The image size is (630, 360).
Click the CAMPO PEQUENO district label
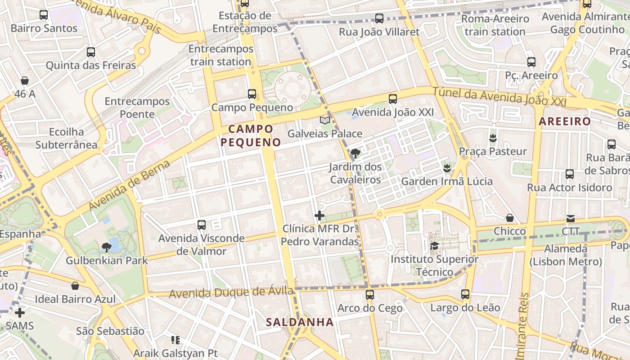click(251, 135)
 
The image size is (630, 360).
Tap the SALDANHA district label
click(300, 322)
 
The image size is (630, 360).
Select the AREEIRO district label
click(564, 121)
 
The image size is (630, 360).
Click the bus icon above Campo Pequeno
click(252, 94)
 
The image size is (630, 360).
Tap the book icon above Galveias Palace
click(325, 120)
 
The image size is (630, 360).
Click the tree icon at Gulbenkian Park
click(107, 247)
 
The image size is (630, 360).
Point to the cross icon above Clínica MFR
click(319, 216)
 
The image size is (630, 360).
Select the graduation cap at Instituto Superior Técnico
click(434, 246)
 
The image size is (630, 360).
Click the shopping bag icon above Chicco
click(510, 218)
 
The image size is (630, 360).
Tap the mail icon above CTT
click(571, 219)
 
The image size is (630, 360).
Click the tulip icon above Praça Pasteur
click(493, 138)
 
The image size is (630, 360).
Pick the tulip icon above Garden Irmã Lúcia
click(447, 168)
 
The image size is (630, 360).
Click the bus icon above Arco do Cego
click(370, 295)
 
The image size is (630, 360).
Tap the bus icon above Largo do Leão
click(465, 294)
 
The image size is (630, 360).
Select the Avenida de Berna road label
click(130, 185)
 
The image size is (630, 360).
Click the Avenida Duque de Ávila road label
click(231, 292)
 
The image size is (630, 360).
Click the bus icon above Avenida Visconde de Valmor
click(202, 225)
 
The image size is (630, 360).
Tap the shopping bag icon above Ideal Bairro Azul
click(75, 286)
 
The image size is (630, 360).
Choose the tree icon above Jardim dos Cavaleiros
click(355, 153)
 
